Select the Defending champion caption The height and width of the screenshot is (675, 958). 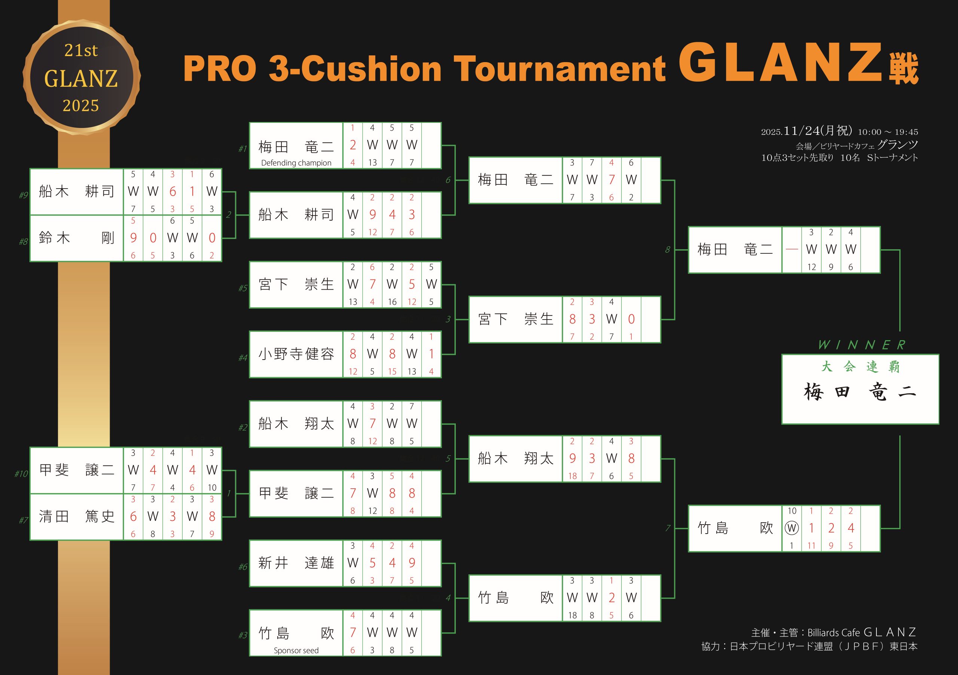tap(296, 163)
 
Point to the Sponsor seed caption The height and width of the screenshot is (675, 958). tap(296, 650)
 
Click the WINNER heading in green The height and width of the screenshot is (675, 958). tap(861, 345)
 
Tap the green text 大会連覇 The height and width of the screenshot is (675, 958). tap(860, 367)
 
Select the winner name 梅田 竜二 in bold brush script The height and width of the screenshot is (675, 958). tap(860, 393)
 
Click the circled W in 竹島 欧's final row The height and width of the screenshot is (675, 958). tap(791, 528)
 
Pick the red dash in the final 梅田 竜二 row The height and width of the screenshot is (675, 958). tap(791, 250)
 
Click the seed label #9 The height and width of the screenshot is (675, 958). tap(23, 195)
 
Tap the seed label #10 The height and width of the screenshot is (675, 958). tap(21, 473)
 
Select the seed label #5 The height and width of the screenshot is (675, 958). tap(243, 288)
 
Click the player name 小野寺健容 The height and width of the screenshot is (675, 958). tap(296, 354)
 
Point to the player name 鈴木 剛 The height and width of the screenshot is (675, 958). tap(76, 238)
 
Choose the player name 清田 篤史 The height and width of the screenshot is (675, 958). tap(76, 516)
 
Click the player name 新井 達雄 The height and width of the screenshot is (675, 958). tap(296, 563)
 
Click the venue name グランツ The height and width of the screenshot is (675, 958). tap(897, 145)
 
